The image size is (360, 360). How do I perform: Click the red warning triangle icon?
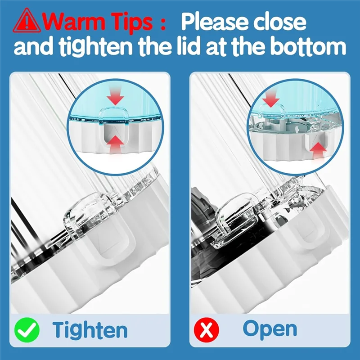click(27, 21)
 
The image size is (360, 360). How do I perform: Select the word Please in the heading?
click(215, 22)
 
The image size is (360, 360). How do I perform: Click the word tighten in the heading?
click(95, 47)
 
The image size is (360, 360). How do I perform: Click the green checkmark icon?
click(27, 330)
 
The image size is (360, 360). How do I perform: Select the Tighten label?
click(90, 330)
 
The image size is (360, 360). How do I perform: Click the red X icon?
click(207, 330)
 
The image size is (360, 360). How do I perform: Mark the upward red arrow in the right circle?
click(318, 151)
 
